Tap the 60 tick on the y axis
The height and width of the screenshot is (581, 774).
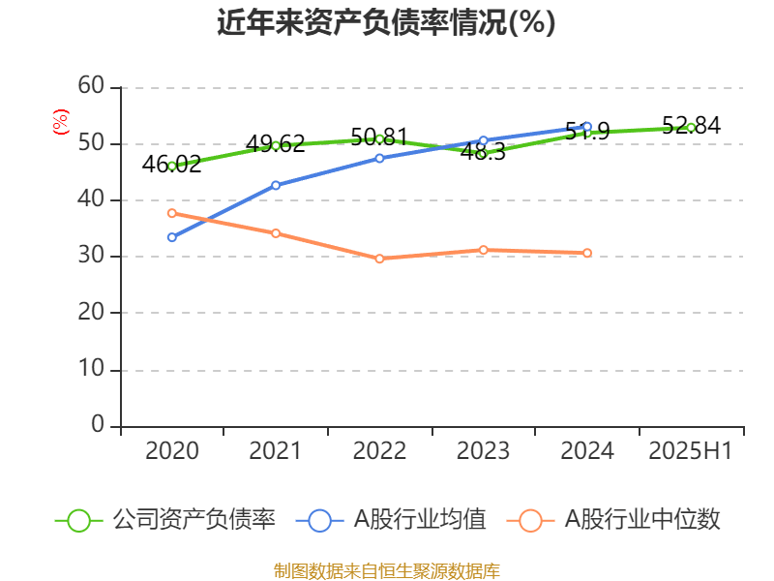90,87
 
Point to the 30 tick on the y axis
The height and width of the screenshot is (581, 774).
90,257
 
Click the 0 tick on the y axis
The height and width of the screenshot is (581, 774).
97,425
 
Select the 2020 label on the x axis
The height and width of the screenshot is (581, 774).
171,451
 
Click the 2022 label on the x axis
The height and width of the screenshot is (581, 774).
379,451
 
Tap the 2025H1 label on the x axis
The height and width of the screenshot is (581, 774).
690,451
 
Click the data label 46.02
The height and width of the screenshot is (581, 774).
171,164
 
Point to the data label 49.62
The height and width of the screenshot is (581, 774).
276,144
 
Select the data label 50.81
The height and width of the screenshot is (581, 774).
379,137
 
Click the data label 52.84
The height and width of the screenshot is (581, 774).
691,125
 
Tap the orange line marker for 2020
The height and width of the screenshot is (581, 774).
171,213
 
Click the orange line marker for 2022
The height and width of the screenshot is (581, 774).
379,259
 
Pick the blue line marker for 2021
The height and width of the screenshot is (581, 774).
276,185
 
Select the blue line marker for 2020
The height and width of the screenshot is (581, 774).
171,237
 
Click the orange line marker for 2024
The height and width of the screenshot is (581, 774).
587,253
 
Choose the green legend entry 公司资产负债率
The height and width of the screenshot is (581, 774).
165,520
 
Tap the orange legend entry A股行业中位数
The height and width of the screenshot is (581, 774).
620,520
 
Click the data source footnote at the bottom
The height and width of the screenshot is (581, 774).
386,570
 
